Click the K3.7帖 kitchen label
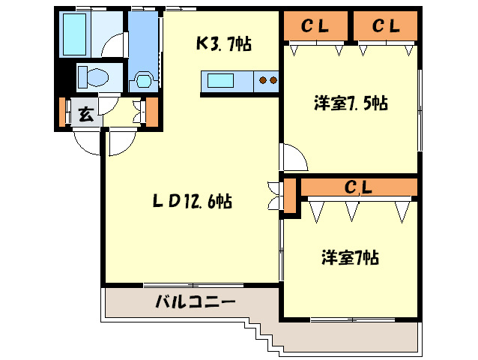click(223, 44)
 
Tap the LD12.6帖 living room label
click(193, 201)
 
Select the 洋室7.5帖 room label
click(350, 103)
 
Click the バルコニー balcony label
click(196, 302)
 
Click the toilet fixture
click(94, 76)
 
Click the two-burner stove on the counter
click(267, 79)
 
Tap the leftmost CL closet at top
click(315, 27)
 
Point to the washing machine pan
click(143, 79)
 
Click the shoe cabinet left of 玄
click(64, 113)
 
